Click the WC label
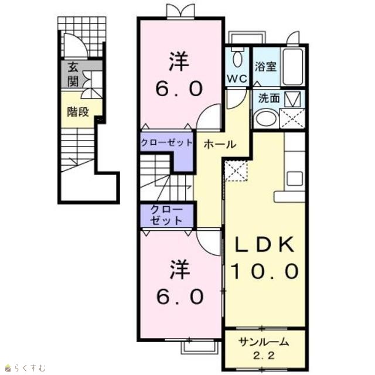pyautogui.click(x=237, y=79)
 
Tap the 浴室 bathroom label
pyautogui.click(x=265, y=66)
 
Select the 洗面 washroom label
pyautogui.click(x=269, y=98)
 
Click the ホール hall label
pyautogui.click(x=220, y=144)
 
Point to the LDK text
pyautogui.click(x=264, y=244)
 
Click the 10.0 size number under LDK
pyautogui.click(x=265, y=271)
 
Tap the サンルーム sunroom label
pyautogui.click(x=264, y=342)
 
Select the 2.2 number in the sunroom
pyautogui.click(x=264, y=356)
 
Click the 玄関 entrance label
pyautogui.click(x=73, y=74)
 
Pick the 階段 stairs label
pyautogui.click(x=78, y=112)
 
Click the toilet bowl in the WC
pyautogui.click(x=237, y=59)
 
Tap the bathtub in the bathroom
pyautogui.click(x=292, y=67)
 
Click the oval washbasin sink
pyautogui.click(x=266, y=118)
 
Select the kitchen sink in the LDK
pyautogui.click(x=295, y=178)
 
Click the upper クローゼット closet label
pyautogui.click(x=166, y=143)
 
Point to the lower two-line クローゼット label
pyautogui.click(x=166, y=215)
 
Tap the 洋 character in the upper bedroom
pyautogui.click(x=179, y=62)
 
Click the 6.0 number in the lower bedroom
pyautogui.click(x=180, y=296)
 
